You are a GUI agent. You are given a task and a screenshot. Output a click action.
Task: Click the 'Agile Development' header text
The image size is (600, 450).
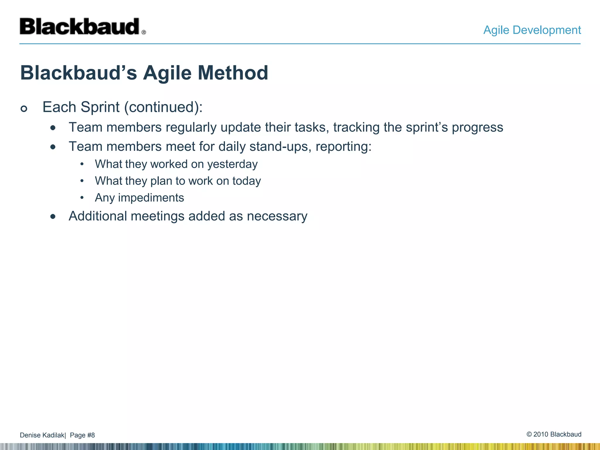click(x=532, y=30)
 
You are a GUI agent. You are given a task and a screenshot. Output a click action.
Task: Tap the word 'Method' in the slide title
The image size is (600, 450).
click(x=233, y=73)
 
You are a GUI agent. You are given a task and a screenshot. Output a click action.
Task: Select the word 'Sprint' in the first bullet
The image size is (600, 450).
click(x=100, y=107)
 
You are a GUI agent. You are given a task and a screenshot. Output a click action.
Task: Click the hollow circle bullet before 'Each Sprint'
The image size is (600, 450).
click(x=24, y=109)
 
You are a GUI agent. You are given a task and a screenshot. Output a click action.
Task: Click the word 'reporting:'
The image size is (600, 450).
click(x=343, y=147)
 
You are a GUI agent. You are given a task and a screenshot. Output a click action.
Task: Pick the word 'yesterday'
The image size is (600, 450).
click(x=232, y=164)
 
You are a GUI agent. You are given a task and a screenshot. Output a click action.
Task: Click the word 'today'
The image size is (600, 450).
click(x=246, y=181)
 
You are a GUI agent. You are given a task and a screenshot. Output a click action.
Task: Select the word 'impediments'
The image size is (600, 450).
click(x=151, y=198)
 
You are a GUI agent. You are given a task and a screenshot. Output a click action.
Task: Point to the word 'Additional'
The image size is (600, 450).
click(x=98, y=217)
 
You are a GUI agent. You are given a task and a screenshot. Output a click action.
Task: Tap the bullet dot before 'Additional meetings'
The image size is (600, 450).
click(x=53, y=217)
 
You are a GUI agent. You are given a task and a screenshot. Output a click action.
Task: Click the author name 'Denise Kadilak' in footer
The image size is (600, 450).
click(x=42, y=435)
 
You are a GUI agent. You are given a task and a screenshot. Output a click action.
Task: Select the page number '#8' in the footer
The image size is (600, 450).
click(x=91, y=435)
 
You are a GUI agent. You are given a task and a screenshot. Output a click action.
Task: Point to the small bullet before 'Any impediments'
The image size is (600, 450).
click(x=82, y=198)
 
